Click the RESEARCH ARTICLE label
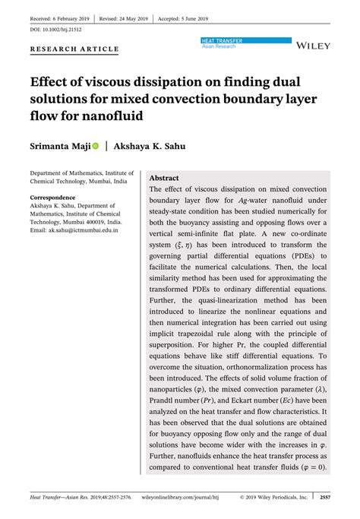[74, 49]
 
